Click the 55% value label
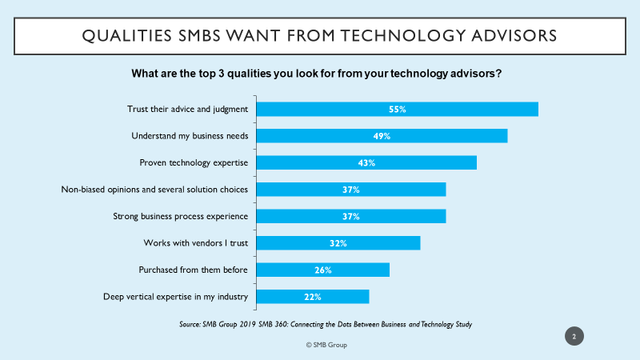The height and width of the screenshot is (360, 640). point(397,109)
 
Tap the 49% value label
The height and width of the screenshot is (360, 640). point(382,136)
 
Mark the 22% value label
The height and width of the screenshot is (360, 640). point(312,297)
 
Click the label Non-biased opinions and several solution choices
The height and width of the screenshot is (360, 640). point(154,190)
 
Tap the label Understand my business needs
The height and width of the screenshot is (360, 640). point(190,136)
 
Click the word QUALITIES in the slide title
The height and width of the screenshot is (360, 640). point(127,36)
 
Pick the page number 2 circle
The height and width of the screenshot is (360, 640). point(574,336)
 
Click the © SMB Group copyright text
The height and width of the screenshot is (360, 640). point(326,345)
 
